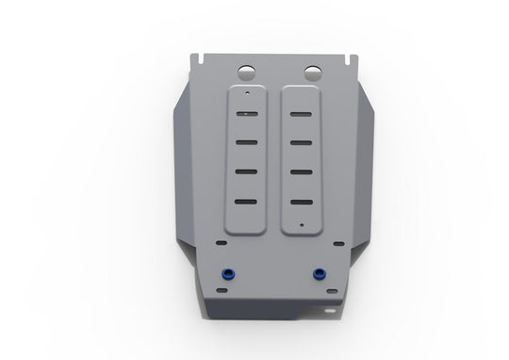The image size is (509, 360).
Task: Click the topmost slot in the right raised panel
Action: (x=302, y=118)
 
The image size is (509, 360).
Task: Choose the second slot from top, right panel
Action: (x=302, y=144)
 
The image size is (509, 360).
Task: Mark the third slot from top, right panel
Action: (x=302, y=172)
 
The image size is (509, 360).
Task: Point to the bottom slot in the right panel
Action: (x=303, y=201)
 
